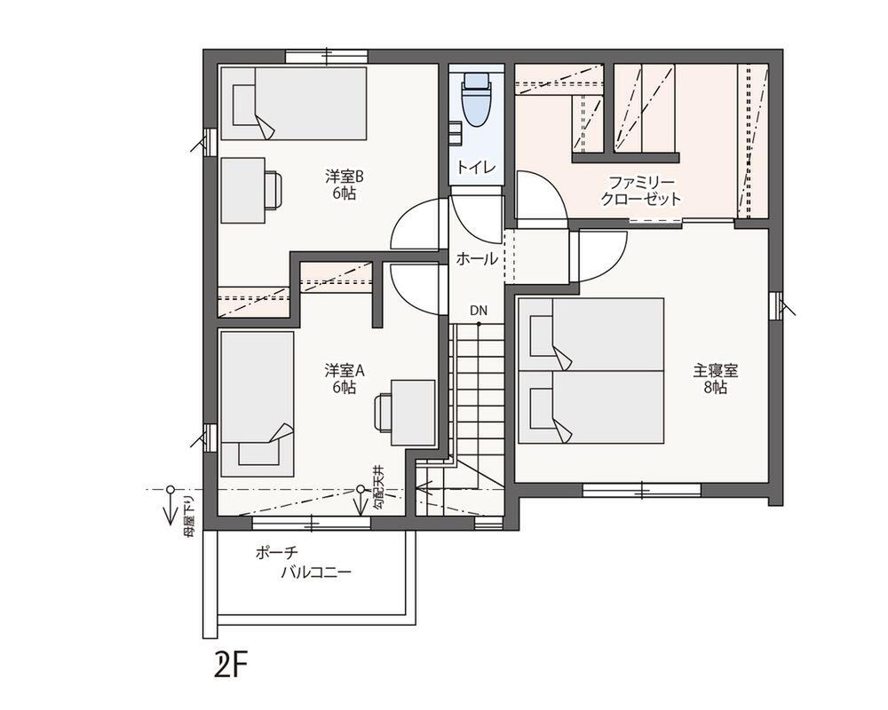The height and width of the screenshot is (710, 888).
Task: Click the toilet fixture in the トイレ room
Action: [x=476, y=99]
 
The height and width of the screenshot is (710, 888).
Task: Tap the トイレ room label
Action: [x=476, y=167]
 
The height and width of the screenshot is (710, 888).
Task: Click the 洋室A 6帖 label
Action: [x=345, y=379]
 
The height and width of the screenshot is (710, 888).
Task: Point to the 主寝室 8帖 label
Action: [x=715, y=379]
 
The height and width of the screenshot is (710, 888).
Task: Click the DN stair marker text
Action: [x=479, y=311]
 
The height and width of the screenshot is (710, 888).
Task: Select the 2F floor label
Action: [x=232, y=666]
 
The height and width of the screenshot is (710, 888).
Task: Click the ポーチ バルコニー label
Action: [x=303, y=562]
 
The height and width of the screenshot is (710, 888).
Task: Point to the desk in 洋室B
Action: [x=243, y=190]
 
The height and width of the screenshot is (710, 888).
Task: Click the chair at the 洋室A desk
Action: [x=383, y=413]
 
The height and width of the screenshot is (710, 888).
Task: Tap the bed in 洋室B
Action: [x=293, y=104]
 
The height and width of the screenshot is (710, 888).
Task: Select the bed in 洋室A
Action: [x=258, y=404]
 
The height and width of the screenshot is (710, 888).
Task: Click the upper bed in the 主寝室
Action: [x=591, y=335]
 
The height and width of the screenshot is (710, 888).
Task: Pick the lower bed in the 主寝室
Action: [x=591, y=407]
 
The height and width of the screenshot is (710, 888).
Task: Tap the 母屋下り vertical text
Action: [x=188, y=516]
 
